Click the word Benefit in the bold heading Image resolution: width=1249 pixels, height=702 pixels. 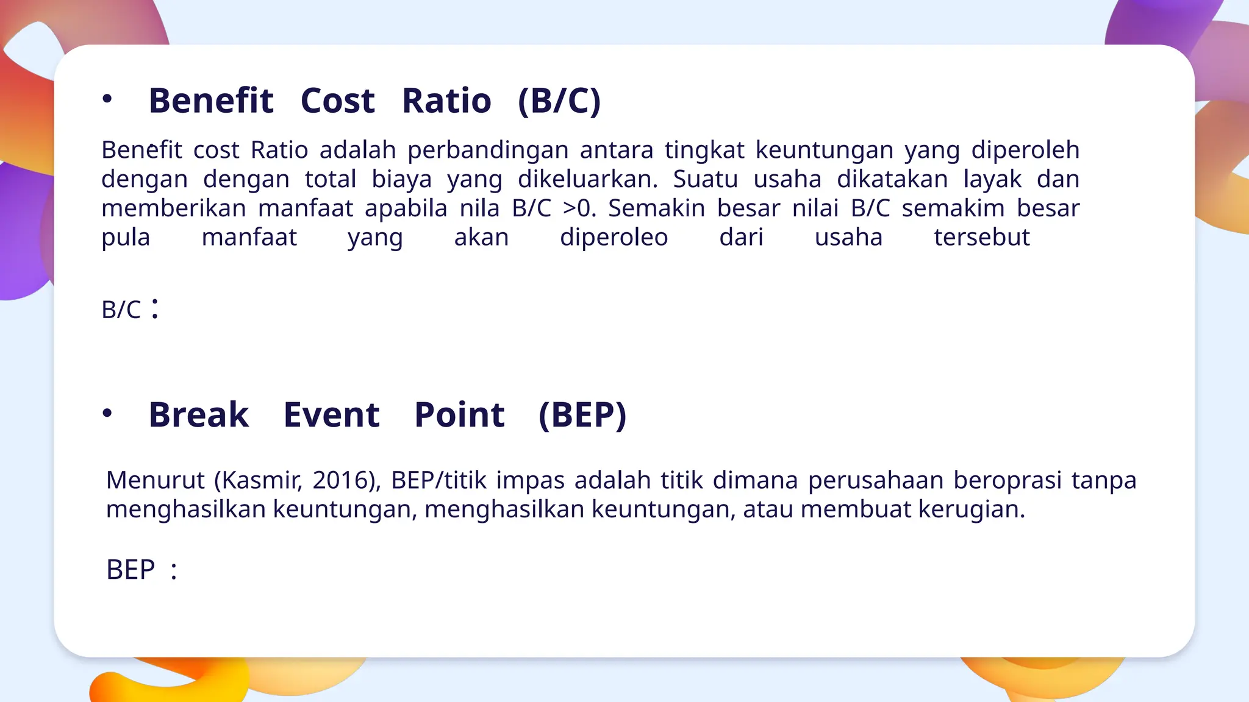point(211,101)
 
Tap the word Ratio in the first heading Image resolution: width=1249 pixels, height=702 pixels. point(446,101)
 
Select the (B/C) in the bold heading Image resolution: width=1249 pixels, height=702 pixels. point(559,101)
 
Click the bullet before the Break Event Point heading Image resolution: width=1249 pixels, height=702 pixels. point(107,414)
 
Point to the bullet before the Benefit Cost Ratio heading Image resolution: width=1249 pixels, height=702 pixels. point(107,99)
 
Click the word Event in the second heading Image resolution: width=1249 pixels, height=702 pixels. point(331,415)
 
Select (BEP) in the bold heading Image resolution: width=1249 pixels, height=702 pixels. point(582,415)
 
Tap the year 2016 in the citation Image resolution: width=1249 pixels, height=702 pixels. point(343,480)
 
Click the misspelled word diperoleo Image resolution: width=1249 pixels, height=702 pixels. point(614,237)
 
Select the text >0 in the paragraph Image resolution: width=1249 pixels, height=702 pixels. point(576,208)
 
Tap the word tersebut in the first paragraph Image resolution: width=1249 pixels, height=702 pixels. point(981,237)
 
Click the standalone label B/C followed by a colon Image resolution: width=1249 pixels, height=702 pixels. point(121,310)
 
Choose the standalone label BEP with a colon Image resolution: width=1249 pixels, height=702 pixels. point(131,570)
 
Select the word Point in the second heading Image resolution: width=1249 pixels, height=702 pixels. point(459,415)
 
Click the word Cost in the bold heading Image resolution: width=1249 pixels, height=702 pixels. point(337,101)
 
